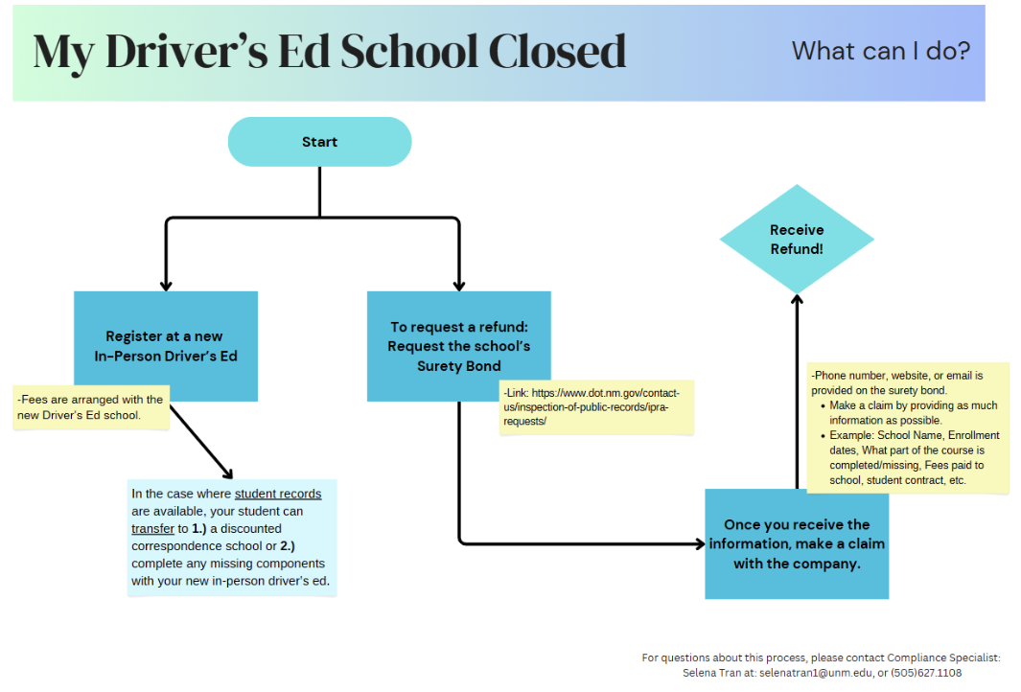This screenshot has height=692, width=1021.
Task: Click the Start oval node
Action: coord(319,142)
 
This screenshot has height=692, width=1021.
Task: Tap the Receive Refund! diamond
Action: coord(797,240)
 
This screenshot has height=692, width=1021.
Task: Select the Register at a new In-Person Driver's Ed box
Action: coord(166,346)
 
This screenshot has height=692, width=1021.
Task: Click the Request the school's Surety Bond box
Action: coord(458,346)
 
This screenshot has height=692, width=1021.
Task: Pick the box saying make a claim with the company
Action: coord(797,544)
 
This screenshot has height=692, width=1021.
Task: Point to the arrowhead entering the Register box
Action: coord(166,285)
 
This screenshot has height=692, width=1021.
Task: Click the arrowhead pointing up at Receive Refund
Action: coord(797,299)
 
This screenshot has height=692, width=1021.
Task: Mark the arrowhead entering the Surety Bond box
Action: coord(458,285)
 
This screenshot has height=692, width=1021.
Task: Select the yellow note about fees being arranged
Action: coord(91,407)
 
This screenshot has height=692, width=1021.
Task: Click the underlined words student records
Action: coord(278,495)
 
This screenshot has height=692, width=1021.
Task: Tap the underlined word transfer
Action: coord(152,529)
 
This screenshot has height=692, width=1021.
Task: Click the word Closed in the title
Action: coord(557,52)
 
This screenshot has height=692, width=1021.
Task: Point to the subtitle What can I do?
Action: coord(881,51)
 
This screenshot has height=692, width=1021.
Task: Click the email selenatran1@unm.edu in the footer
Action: coord(815,673)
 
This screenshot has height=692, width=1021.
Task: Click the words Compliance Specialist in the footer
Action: coord(943,657)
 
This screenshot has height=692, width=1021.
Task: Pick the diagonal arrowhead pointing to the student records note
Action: coord(228,473)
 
